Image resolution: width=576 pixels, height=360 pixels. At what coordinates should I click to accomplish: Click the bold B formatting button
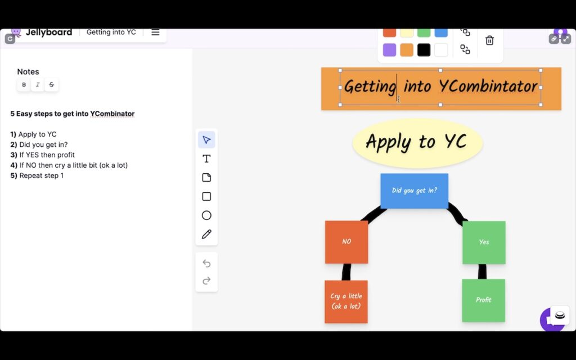pyautogui.click(x=24, y=85)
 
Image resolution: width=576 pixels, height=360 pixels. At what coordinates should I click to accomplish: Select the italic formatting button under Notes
pyautogui.click(x=38, y=85)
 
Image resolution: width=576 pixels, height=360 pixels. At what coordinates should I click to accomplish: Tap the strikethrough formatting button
pyautogui.click(x=51, y=85)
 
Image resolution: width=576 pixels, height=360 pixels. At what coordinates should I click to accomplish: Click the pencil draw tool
pyautogui.click(x=206, y=234)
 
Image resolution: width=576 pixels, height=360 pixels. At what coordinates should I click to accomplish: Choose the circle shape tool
pyautogui.click(x=206, y=215)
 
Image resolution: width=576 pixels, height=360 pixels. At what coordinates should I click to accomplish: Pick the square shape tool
pyautogui.click(x=206, y=196)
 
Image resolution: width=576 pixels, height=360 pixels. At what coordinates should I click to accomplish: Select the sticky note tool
pyautogui.click(x=206, y=178)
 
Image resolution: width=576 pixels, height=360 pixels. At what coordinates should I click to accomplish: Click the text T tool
pyautogui.click(x=206, y=159)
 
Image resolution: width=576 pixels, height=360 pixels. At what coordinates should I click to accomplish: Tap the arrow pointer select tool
pyautogui.click(x=206, y=140)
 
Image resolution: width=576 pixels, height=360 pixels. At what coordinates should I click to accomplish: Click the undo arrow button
pyautogui.click(x=206, y=263)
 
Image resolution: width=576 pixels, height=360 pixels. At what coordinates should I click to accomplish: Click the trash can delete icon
pyautogui.click(x=489, y=40)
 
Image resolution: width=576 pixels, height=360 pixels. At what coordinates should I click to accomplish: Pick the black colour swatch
pyautogui.click(x=424, y=50)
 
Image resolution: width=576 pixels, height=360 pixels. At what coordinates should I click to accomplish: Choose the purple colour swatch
pyautogui.click(x=389, y=50)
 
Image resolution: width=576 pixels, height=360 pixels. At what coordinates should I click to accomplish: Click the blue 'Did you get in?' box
pyautogui.click(x=414, y=191)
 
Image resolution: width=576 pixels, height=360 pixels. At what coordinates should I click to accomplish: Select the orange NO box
pyautogui.click(x=346, y=242)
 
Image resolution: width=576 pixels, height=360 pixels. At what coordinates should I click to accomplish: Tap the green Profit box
pyautogui.click(x=483, y=300)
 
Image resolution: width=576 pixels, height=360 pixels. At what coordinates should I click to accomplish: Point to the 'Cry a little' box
pyautogui.click(x=346, y=301)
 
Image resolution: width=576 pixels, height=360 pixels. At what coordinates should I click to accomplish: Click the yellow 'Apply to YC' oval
pyautogui.click(x=417, y=142)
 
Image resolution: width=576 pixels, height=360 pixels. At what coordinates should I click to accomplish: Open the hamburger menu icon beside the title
pyautogui.click(x=155, y=32)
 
